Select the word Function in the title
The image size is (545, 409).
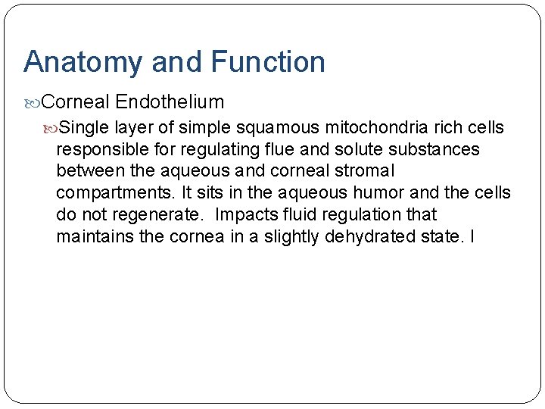tap(268, 61)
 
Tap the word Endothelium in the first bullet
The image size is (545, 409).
tap(170, 101)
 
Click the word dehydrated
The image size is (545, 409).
tap(370, 237)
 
